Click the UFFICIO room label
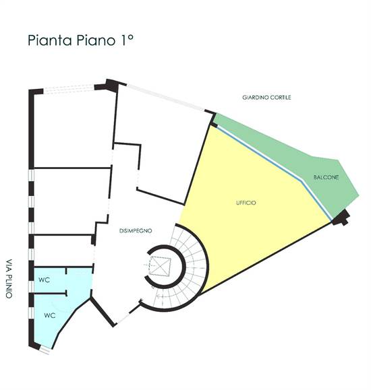[246, 203]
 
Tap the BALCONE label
[326, 177]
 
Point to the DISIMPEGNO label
[136, 231]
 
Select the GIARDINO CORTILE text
[266, 97]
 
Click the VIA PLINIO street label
[9, 279]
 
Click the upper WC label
[44, 280]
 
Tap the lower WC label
[50, 315]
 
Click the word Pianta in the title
[50, 40]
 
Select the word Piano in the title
[96, 40]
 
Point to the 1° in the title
[127, 40]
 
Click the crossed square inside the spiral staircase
[161, 267]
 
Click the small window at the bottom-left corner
[45, 351]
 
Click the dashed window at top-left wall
[69, 89]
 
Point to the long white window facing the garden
[166, 97]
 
